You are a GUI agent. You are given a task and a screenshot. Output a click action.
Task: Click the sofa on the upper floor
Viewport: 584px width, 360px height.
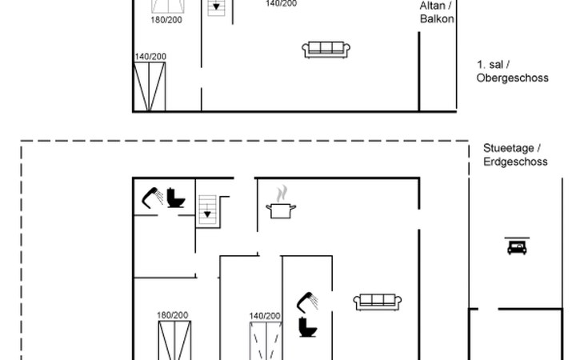[x=326, y=50]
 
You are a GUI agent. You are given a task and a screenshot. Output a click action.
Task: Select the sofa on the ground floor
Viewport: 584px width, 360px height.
[x=378, y=302]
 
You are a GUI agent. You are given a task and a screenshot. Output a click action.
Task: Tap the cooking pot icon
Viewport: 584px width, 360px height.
[x=281, y=210]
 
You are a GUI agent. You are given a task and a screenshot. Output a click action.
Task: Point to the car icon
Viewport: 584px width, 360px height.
[x=517, y=246]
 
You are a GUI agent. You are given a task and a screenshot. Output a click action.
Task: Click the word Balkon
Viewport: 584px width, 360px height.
[x=437, y=19]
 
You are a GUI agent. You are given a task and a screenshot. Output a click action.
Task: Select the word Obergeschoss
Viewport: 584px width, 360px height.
[x=513, y=78]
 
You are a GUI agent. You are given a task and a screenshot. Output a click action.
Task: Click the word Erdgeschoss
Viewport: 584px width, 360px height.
[x=515, y=162]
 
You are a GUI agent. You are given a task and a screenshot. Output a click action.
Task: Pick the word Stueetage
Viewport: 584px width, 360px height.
[x=509, y=148]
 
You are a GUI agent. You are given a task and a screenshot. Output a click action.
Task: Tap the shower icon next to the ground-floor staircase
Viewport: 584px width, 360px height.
[x=152, y=198]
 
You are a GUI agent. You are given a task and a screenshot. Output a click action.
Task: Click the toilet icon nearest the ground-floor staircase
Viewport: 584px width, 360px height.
[x=175, y=198]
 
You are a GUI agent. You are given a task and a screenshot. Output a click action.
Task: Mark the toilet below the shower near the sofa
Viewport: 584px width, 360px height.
[x=308, y=327]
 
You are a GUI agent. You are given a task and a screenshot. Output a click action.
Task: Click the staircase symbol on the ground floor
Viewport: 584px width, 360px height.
[x=207, y=210]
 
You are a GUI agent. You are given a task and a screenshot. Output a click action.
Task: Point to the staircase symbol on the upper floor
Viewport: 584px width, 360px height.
[x=216, y=6]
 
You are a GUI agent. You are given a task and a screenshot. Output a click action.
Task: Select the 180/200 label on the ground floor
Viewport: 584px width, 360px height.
[x=173, y=315]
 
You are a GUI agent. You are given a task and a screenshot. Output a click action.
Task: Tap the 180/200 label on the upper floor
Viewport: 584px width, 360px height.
[x=166, y=20]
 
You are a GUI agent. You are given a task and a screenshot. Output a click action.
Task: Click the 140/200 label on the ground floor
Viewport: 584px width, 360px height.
[x=265, y=316]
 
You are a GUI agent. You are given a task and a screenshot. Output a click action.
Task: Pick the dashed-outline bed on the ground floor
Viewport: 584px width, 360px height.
[x=266, y=341]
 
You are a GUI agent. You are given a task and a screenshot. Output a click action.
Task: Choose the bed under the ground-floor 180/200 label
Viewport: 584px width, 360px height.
[x=174, y=340]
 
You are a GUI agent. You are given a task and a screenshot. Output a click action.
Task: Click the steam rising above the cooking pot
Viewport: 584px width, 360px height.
[x=282, y=194]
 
